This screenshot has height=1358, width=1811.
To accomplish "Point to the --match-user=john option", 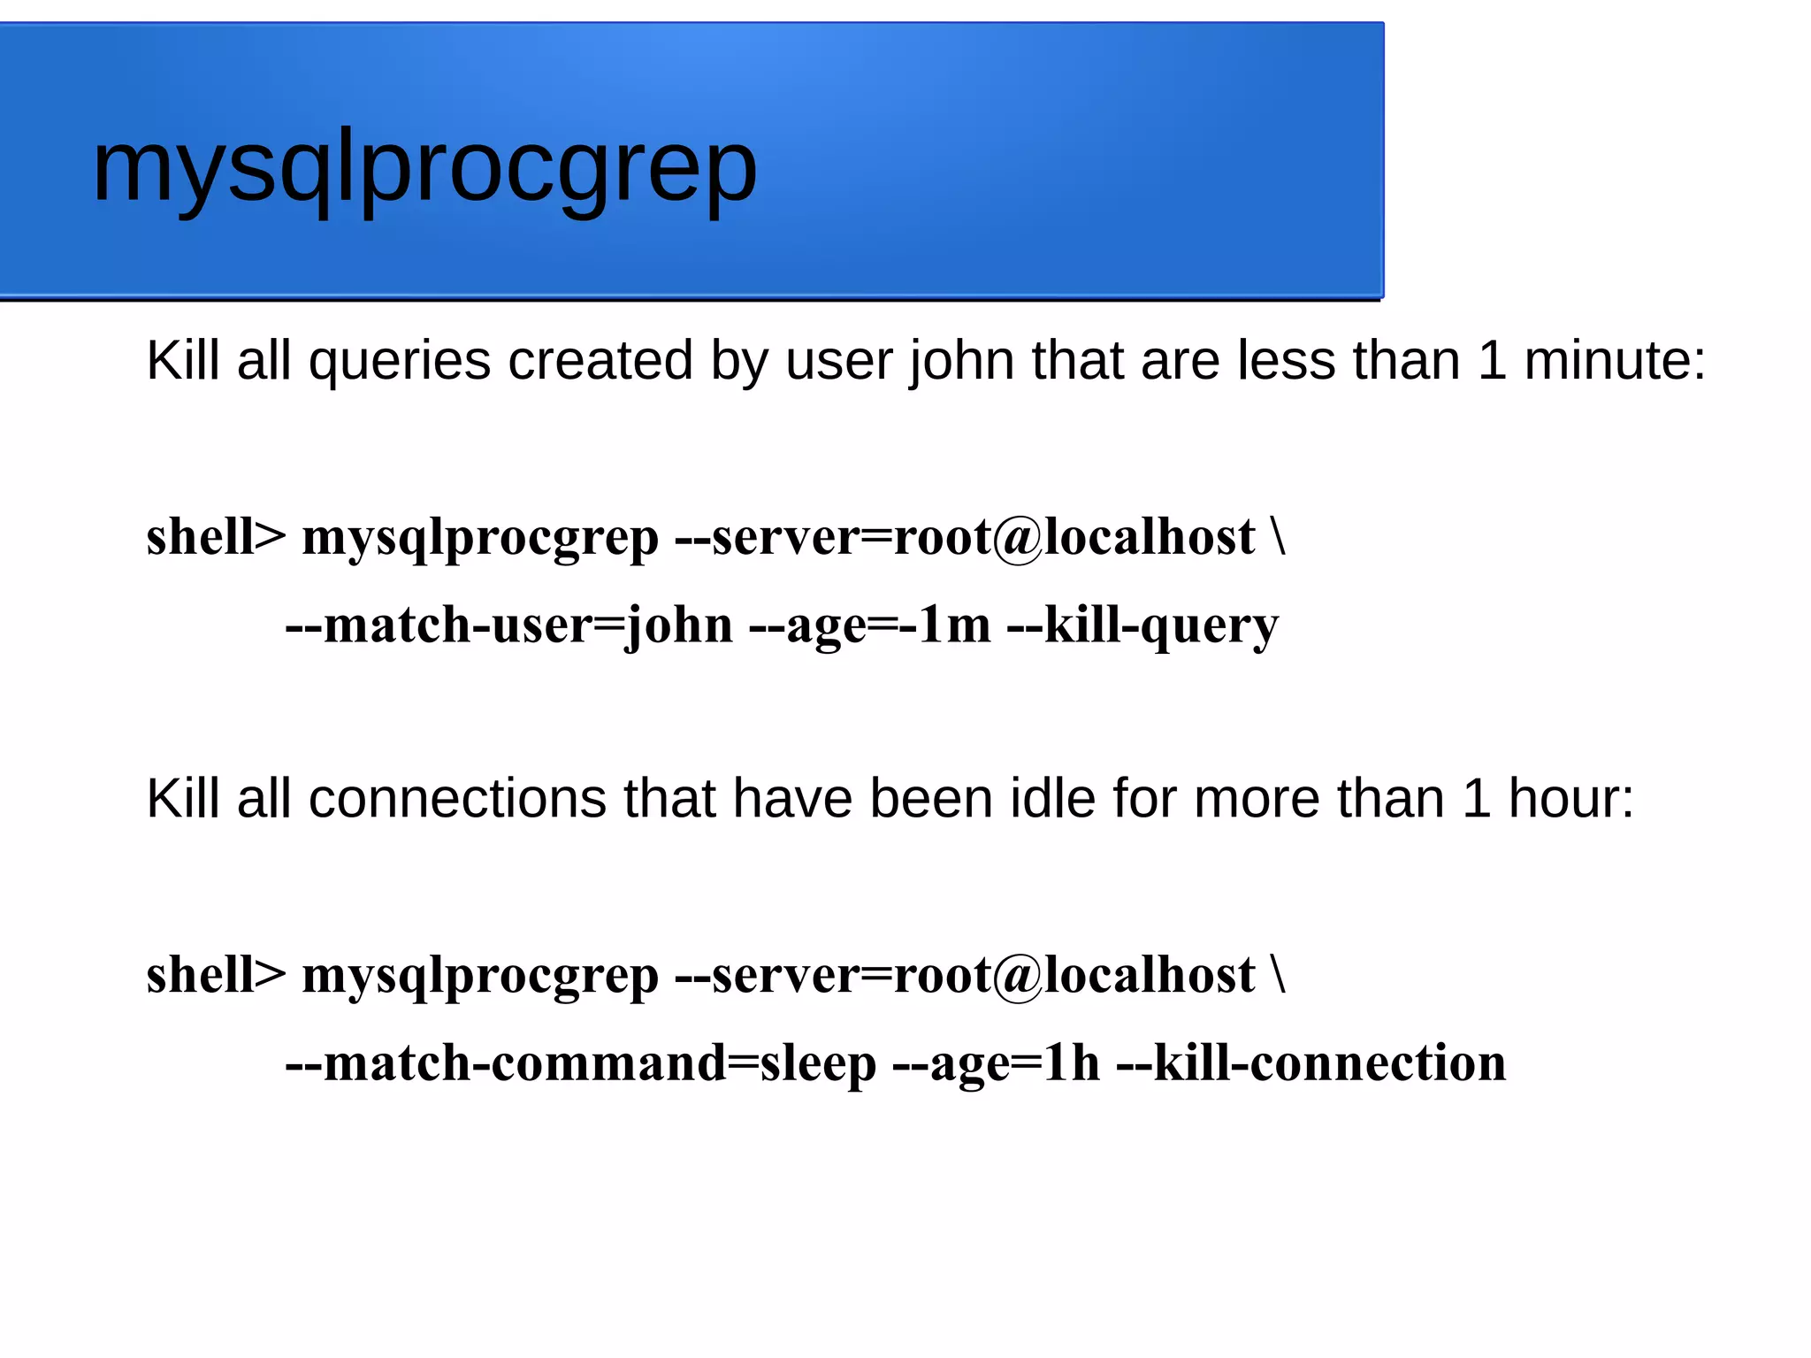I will click(509, 625).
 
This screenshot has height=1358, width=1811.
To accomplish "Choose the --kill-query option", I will click(1142, 625).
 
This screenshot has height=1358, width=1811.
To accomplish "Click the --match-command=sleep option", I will click(580, 1063).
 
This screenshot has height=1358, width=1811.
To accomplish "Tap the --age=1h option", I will click(997, 1063).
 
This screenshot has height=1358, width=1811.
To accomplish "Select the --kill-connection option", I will click(1311, 1063).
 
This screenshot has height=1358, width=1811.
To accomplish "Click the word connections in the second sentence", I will click(457, 799).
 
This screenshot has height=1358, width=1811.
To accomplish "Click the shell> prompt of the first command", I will click(216, 537).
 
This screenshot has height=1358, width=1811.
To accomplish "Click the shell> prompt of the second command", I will click(216, 975).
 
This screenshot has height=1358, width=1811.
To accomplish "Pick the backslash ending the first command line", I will click(1278, 537).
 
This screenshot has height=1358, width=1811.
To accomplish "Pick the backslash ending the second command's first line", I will click(1278, 975).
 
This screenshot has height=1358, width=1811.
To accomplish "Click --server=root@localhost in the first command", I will click(965, 537).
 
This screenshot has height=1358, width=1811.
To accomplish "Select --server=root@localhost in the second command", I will click(965, 975).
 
